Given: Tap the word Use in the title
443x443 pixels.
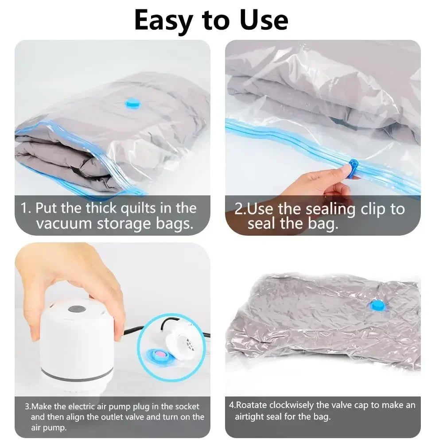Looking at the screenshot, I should [x=261, y=20].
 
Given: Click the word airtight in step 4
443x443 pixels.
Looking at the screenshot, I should [x=250, y=417].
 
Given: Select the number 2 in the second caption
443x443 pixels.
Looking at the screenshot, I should [x=239, y=208].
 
